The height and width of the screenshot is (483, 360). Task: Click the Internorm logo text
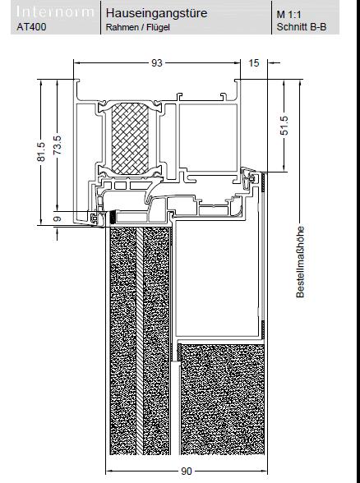click(55, 12)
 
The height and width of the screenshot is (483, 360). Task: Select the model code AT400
click(32, 27)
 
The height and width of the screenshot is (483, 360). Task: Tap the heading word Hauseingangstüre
click(156, 13)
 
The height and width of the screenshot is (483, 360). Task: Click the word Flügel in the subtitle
click(159, 27)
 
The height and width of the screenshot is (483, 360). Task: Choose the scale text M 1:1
click(288, 15)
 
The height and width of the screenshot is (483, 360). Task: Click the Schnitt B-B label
click(301, 27)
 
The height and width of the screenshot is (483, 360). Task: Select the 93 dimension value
click(156, 63)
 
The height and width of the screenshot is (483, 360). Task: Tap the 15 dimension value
click(254, 63)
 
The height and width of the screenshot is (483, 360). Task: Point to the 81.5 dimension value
click(41, 151)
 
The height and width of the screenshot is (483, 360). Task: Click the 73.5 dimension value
click(58, 145)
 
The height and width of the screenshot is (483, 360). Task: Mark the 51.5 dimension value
click(284, 126)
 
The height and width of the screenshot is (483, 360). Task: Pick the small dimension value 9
click(58, 218)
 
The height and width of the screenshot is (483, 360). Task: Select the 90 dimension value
click(186, 471)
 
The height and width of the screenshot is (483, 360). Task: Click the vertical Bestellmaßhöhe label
click(300, 262)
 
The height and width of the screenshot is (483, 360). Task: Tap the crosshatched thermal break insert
click(130, 139)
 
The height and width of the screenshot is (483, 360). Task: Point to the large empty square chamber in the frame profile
click(208, 137)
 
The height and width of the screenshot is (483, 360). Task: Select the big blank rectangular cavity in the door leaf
click(218, 278)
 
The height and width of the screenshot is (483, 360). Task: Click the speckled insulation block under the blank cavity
click(222, 399)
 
